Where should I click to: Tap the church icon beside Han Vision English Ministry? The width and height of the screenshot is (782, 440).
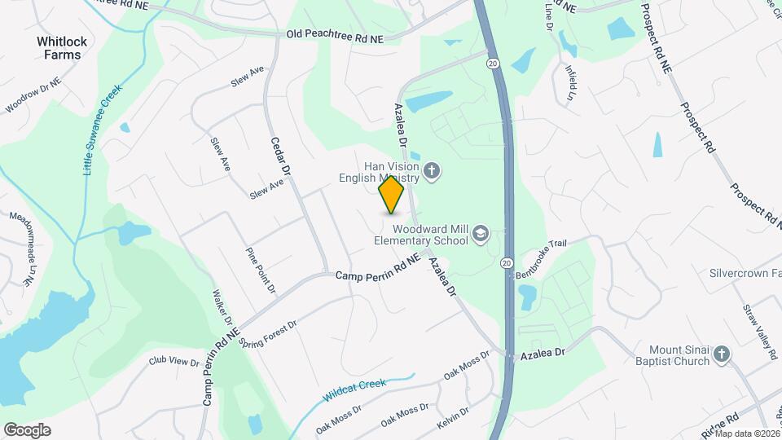pos(432,172)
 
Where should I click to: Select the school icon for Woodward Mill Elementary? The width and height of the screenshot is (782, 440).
pos(481,235)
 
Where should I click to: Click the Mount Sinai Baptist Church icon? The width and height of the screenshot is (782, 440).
pos(721,354)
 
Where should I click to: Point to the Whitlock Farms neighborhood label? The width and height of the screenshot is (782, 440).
pos(59,47)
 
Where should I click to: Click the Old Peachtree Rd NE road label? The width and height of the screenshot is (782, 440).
pos(335,37)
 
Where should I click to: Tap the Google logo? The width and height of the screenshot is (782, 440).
pos(27,429)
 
